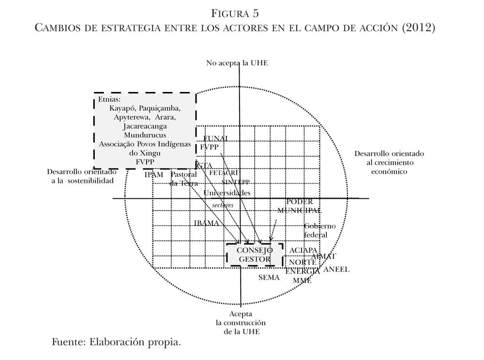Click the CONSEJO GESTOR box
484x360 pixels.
tap(255, 255)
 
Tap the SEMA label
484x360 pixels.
tap(269, 278)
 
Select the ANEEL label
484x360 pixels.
tap(336, 270)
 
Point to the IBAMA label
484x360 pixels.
tap(207, 224)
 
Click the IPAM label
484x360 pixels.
tap(154, 175)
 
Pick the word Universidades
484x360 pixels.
tap(227, 193)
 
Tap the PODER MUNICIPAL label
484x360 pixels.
tap(300, 206)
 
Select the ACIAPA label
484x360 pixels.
tap(303, 250)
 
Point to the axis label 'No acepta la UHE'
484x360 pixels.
tap(237, 63)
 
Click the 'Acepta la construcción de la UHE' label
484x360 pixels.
tap(241, 323)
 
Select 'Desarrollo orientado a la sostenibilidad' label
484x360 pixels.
tap(82, 176)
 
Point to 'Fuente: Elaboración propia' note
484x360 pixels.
tap(116, 343)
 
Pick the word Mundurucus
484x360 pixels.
tap(145, 135)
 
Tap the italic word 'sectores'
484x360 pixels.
tap(223, 205)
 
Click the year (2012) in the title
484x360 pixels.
tap(419, 27)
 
